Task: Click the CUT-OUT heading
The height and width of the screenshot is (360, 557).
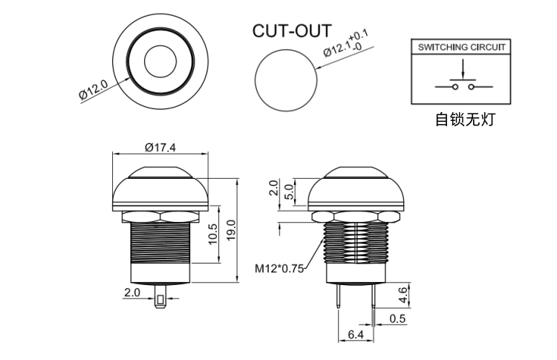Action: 292,31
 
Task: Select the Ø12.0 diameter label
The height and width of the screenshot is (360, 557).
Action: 93,89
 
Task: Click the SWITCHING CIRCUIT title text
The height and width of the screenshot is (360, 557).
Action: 461,47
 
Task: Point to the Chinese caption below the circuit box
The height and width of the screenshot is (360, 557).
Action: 465,120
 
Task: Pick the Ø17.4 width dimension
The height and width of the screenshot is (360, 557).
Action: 160,147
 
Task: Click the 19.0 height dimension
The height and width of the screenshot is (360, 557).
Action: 231,230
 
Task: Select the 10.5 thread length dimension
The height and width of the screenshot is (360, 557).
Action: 213,234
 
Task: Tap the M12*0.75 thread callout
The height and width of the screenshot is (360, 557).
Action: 279,269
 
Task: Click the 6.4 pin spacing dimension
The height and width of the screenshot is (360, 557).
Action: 356,334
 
